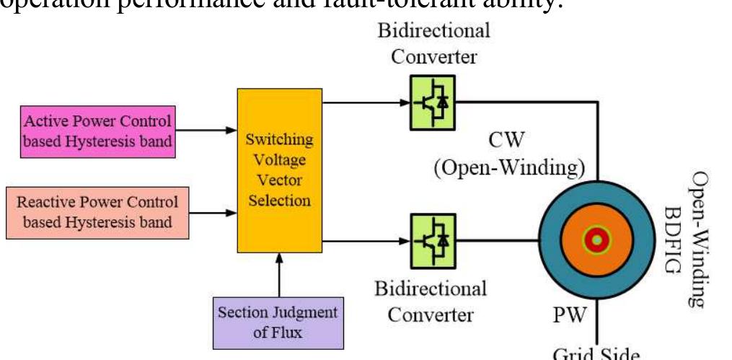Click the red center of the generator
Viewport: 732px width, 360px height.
[596, 239]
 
